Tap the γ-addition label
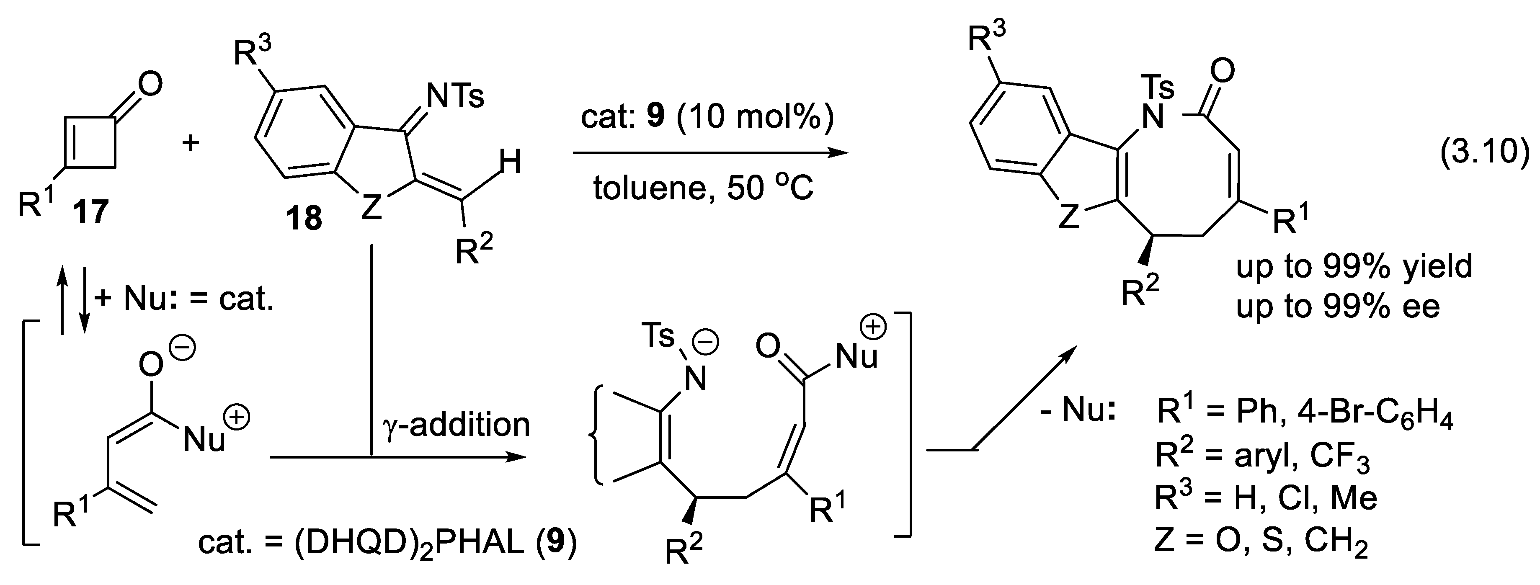tap(456, 424)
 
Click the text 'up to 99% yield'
tap(1354, 266)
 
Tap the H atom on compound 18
tap(510, 162)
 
